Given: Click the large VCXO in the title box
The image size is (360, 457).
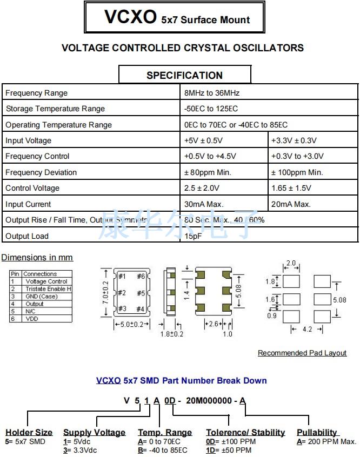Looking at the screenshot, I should pyautogui.click(x=130, y=18).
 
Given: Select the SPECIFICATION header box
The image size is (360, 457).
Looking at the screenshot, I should pyautogui.click(x=185, y=75).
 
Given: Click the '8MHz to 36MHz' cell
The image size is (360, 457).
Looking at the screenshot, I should pyautogui.click(x=212, y=93).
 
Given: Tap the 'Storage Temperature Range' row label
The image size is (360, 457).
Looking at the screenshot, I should pyautogui.click(x=55, y=109).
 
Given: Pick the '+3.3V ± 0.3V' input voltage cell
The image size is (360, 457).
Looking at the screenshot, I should pyautogui.click(x=295, y=140).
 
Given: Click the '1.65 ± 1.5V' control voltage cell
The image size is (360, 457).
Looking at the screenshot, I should pyautogui.click(x=296, y=188).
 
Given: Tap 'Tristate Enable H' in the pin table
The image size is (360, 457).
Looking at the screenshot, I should pyautogui.click(x=48, y=289).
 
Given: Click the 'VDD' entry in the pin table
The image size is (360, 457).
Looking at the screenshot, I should pyautogui.click(x=32, y=319).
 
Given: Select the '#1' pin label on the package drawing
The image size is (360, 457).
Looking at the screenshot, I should pyautogui.click(x=122, y=277).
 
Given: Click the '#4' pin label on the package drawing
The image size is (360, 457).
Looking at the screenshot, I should pyautogui.click(x=141, y=308).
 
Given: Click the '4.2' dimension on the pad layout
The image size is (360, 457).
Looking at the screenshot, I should pyautogui.click(x=308, y=329).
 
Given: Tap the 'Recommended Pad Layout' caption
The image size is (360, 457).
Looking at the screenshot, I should pyautogui.click(x=302, y=353).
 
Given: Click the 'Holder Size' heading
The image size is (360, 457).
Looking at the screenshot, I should pyautogui.click(x=29, y=432).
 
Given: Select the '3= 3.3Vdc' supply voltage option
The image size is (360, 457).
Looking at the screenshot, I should pyautogui.click(x=81, y=450).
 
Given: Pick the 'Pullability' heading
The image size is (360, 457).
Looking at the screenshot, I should pyautogui.click(x=317, y=432).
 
